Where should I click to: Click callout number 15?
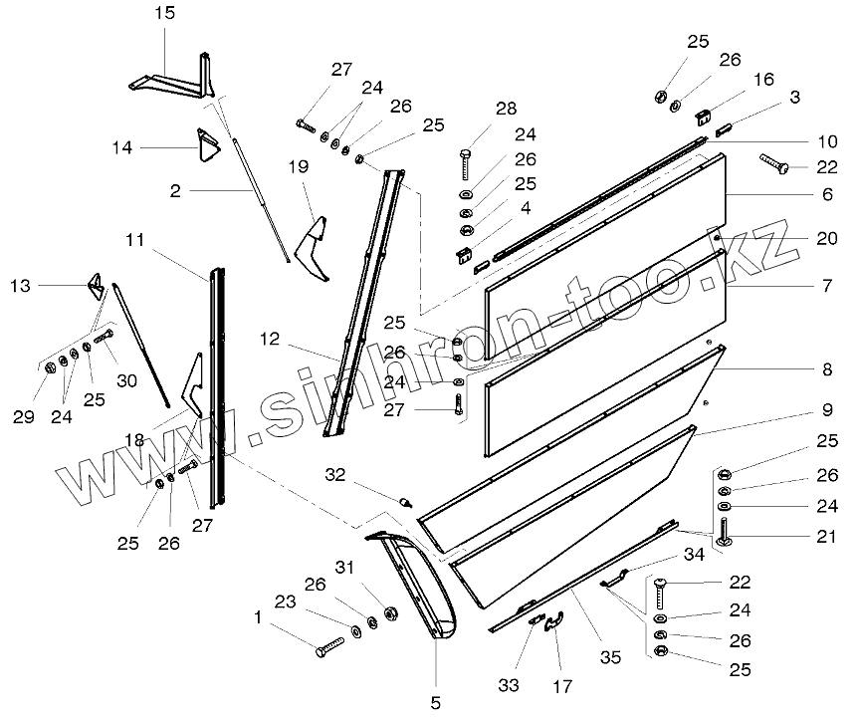[164, 14]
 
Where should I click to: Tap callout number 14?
[121, 148]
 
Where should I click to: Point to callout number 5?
[435, 702]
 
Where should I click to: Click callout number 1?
[260, 617]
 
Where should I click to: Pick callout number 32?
[334, 475]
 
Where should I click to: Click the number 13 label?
[20, 286]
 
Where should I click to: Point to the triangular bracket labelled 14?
[207, 146]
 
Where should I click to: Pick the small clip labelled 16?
[706, 117]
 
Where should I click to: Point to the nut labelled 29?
[49, 370]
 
